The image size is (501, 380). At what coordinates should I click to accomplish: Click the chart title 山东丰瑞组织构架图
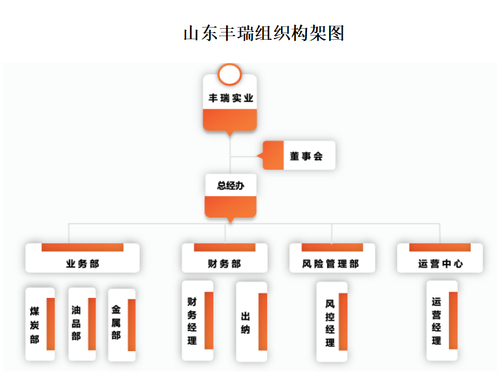click(264, 32)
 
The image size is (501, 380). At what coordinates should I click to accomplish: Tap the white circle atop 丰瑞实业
click(229, 75)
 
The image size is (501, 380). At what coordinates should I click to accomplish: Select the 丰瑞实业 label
click(230, 98)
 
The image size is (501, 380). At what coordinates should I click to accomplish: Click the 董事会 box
click(306, 156)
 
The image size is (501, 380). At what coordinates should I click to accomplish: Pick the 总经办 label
click(230, 185)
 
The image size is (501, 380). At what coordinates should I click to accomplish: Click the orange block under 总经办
click(230, 207)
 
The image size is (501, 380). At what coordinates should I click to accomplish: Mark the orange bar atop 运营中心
click(440, 248)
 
